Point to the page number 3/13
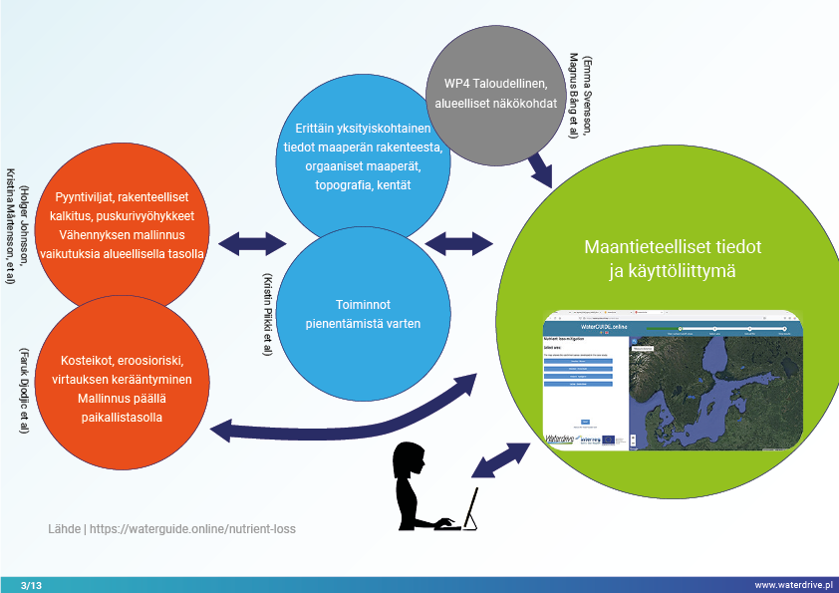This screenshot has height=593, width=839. (30, 584)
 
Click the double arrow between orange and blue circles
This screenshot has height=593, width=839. (251, 241)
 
